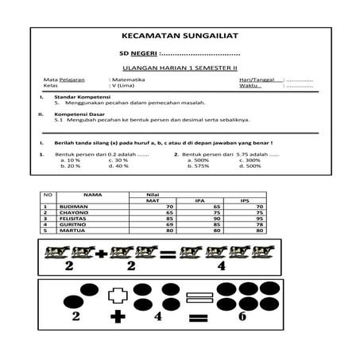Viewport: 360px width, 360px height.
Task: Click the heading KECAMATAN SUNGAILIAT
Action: coord(180,37)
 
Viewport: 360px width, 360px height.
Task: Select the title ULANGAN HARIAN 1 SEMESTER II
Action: coord(180,68)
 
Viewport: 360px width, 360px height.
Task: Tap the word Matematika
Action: coord(130,81)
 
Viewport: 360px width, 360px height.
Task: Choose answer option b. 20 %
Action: coord(71,165)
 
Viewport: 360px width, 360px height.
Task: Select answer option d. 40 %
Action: coord(118,165)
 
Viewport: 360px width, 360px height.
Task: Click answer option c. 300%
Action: coord(249,160)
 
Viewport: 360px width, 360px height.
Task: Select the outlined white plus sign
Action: coord(118,295)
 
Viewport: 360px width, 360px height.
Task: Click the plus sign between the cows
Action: coord(101,255)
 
